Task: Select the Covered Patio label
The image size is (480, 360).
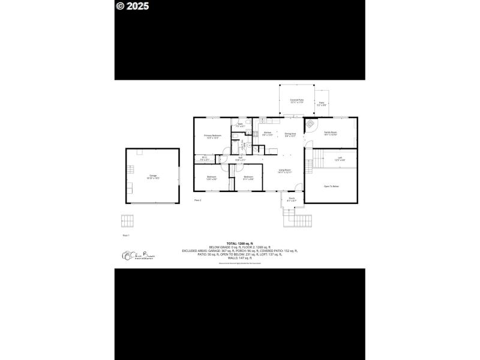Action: [296, 101]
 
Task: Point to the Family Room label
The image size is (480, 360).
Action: [331, 133]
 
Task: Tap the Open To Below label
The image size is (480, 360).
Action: [331, 187]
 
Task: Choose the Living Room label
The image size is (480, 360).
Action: [284, 171]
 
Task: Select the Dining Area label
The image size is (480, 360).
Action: [290, 134]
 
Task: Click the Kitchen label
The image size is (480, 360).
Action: [268, 133]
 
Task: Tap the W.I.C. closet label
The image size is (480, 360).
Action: [204, 159]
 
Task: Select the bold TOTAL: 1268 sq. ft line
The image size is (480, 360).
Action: [239, 243]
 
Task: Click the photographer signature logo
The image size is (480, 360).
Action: [138, 256]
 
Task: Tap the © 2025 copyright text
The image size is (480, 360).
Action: [133, 7]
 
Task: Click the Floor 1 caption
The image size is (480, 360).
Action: [125, 236]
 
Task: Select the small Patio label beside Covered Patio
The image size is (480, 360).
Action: [322, 103]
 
